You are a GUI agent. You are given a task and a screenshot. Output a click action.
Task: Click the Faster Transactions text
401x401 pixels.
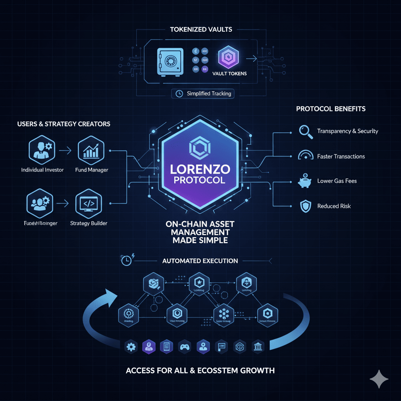[341, 156]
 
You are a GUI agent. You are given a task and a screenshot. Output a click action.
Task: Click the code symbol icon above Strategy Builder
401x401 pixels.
[88, 203]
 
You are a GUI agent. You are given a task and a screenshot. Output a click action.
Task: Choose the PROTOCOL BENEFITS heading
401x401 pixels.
[331, 108]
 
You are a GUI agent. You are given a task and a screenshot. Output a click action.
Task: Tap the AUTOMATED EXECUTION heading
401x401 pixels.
[200, 261]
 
